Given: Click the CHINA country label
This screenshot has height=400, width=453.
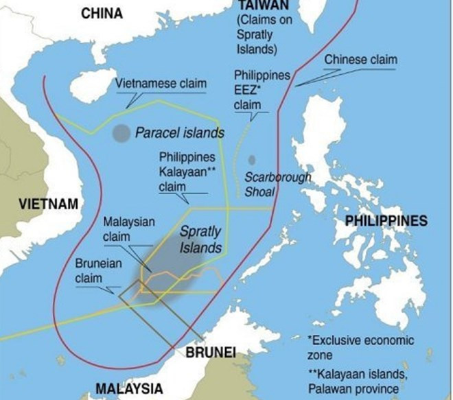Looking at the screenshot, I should coord(102,13).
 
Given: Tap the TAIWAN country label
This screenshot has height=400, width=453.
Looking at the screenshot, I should coord(255,5).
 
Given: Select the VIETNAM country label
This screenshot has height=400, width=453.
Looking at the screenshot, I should coord(38,204).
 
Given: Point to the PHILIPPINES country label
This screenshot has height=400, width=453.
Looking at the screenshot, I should coord(386,221).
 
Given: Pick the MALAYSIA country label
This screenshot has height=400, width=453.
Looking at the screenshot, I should coord(129,388).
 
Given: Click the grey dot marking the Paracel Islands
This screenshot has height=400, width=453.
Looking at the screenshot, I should coord(121,133).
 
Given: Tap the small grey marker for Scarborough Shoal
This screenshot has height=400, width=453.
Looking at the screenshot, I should coord(252,159).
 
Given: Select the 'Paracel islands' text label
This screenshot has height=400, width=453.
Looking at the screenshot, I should coord(179,132).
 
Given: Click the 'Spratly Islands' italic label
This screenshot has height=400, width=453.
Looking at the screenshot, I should coord(200,239).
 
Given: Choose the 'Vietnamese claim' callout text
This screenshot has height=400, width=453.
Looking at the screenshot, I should coord(161,83).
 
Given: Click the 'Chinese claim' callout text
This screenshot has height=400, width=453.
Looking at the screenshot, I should coord(360,60).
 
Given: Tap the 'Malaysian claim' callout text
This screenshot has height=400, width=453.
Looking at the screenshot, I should coord(129,229).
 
